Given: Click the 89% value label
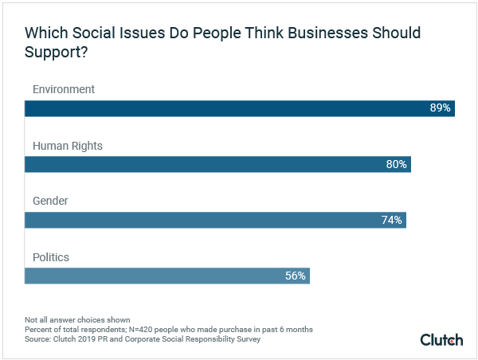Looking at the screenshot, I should pos(441,108).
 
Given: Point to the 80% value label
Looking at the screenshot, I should pos(397,164).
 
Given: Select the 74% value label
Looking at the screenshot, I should pos(392,220).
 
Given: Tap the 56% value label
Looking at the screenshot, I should pos(295,276).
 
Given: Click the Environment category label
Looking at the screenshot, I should pos(64,89).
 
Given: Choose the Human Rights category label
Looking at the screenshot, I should pos(68,146).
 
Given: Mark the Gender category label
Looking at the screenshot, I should pos(50,202).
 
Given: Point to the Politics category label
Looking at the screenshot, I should pos(51,257).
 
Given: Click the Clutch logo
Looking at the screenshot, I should pos(441,340).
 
